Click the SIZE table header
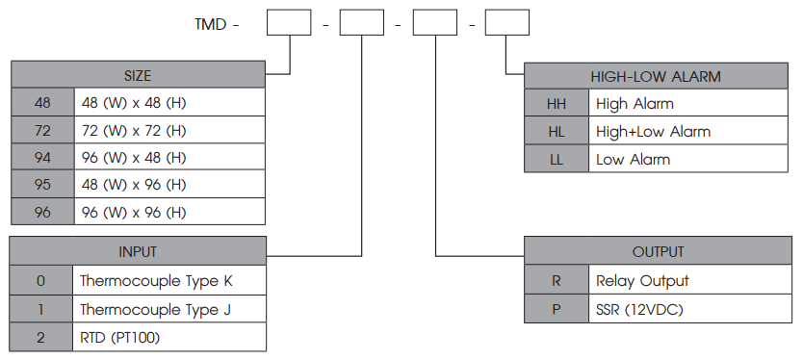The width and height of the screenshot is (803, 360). [138, 75]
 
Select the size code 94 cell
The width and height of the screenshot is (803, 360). [42, 157]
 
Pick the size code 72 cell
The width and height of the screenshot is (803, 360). [42, 130]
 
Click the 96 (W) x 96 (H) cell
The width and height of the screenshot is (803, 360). [169, 212]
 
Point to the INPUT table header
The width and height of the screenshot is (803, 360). [138, 251]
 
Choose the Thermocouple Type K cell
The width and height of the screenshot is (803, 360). [169, 280]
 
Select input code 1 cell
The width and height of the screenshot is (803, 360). [41, 309]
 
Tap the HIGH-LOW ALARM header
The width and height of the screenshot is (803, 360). [656, 76]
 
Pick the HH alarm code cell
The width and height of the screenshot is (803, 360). [557, 103]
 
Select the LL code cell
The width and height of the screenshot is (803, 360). [557, 159]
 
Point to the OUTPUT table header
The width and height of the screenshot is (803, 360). [658, 251]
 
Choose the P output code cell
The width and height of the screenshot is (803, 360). [557, 309]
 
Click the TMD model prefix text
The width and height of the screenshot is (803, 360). [211, 24]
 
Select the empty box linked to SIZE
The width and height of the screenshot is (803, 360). [289, 22]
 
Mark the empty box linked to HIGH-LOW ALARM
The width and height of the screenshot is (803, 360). [507, 22]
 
